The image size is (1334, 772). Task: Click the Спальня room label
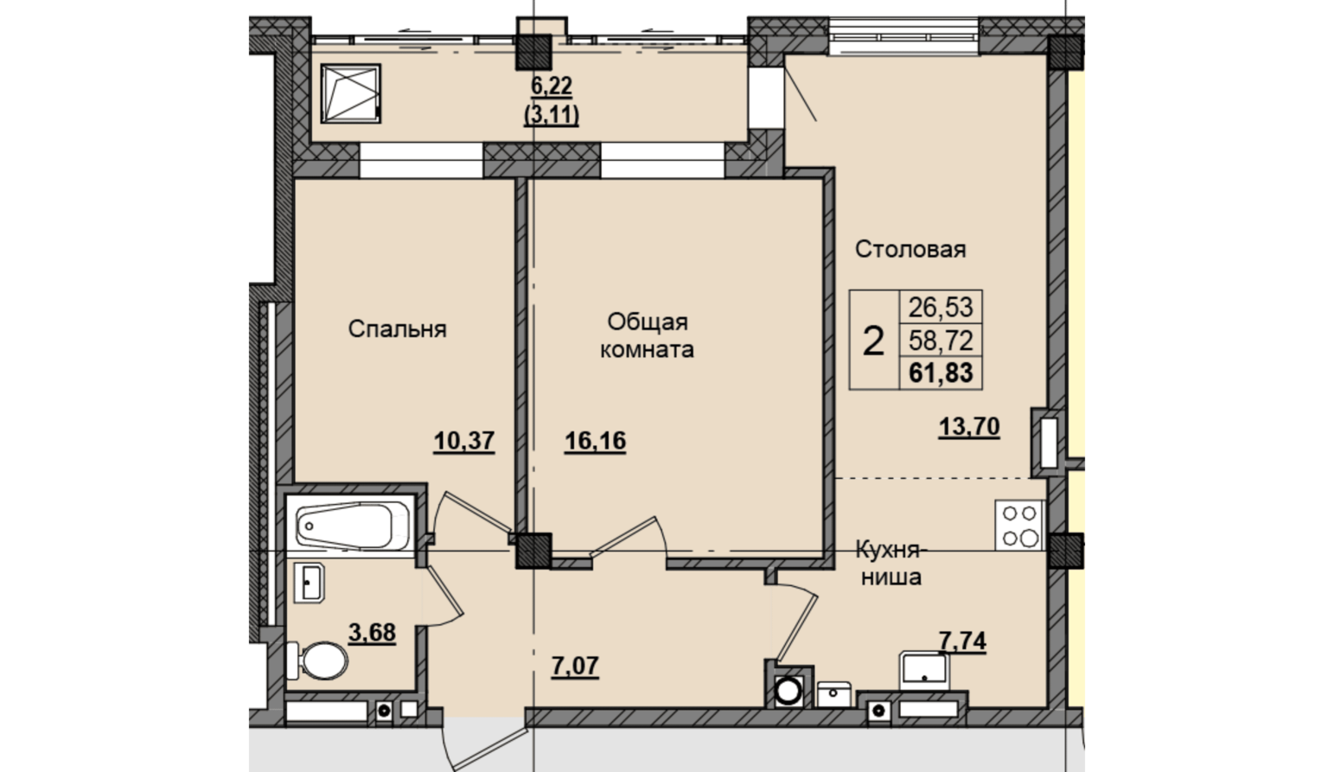(x=397, y=329)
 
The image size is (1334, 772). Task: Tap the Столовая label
(x=910, y=249)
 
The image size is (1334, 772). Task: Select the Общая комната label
(x=647, y=335)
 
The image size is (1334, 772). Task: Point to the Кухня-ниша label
(x=889, y=564)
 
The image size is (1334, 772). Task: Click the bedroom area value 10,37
(x=464, y=442)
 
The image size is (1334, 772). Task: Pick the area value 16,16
(x=595, y=442)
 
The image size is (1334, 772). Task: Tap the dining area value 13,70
(x=969, y=426)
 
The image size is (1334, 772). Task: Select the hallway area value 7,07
(x=575, y=666)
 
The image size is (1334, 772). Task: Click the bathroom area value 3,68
(x=372, y=633)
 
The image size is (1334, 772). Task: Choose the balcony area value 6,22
(x=552, y=86)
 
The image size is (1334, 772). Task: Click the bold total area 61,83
(x=941, y=373)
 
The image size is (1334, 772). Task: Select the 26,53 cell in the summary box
(x=941, y=308)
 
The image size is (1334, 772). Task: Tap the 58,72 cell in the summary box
(x=941, y=341)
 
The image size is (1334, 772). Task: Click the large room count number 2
(x=873, y=342)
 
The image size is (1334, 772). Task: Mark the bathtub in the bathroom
(x=351, y=525)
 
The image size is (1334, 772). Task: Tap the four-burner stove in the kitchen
(x=1019, y=525)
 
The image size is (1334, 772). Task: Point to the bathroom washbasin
(x=309, y=582)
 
